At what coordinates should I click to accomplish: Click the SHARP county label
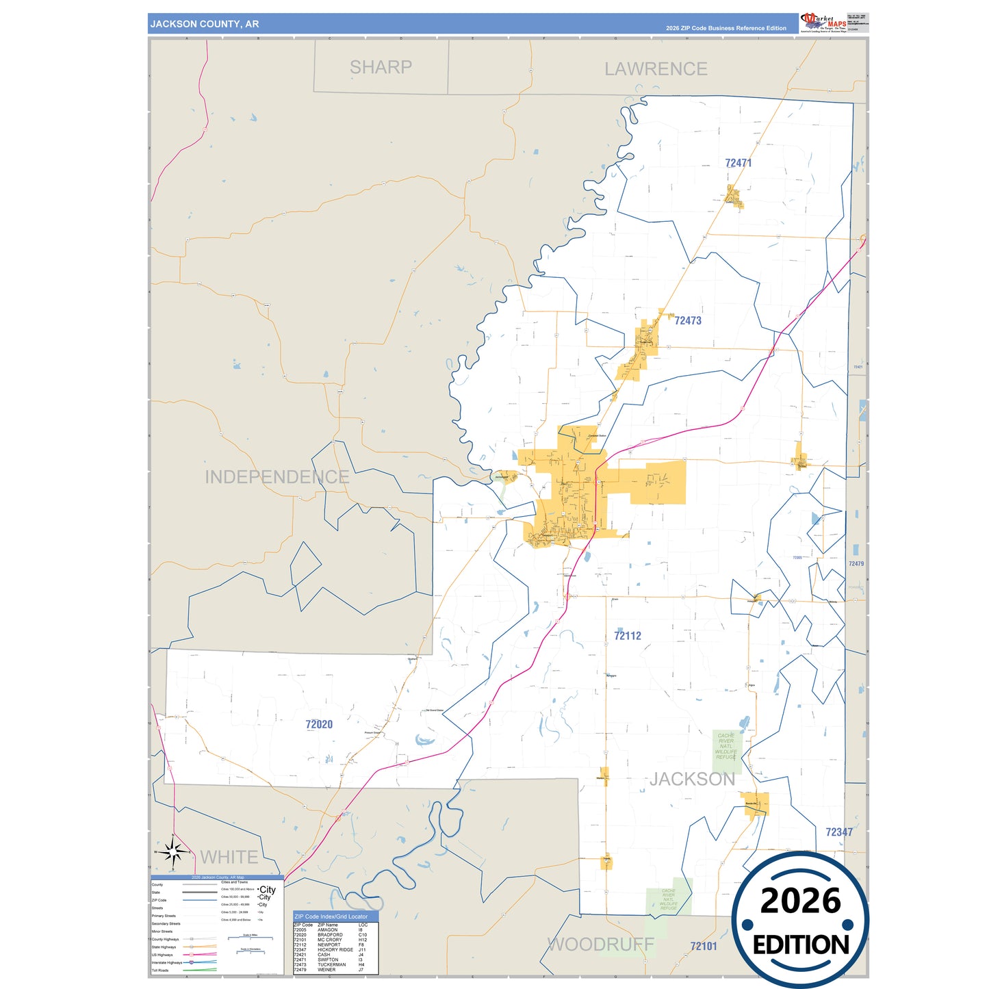click(x=381, y=67)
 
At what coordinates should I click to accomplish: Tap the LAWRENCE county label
click(x=655, y=69)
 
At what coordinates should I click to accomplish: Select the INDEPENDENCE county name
click(x=277, y=477)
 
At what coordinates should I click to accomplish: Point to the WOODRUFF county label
click(x=600, y=945)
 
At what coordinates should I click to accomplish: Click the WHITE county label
click(x=229, y=857)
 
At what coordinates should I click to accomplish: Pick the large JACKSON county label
click(x=692, y=779)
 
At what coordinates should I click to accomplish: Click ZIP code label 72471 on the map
click(x=738, y=163)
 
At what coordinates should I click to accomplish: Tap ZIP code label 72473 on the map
click(x=687, y=320)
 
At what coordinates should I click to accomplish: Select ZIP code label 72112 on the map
click(x=627, y=636)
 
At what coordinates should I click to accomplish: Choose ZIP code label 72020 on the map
click(x=319, y=724)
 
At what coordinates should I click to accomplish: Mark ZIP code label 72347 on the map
click(x=838, y=832)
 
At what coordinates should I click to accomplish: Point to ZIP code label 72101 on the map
click(x=703, y=946)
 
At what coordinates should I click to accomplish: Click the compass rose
click(x=173, y=852)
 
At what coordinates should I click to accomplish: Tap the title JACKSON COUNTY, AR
click(x=205, y=24)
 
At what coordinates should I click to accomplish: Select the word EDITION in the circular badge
click(x=800, y=945)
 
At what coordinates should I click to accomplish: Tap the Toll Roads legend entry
click(x=160, y=970)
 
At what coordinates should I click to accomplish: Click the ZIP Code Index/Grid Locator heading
click(x=331, y=916)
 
